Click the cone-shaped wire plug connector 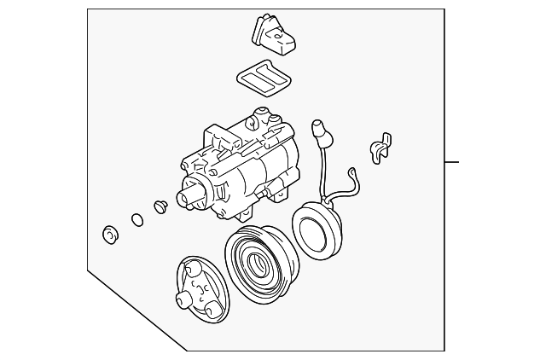click(x=321, y=132)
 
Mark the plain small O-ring click(x=136, y=220)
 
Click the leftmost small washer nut click(x=109, y=235)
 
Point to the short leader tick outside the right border click(x=452, y=161)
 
